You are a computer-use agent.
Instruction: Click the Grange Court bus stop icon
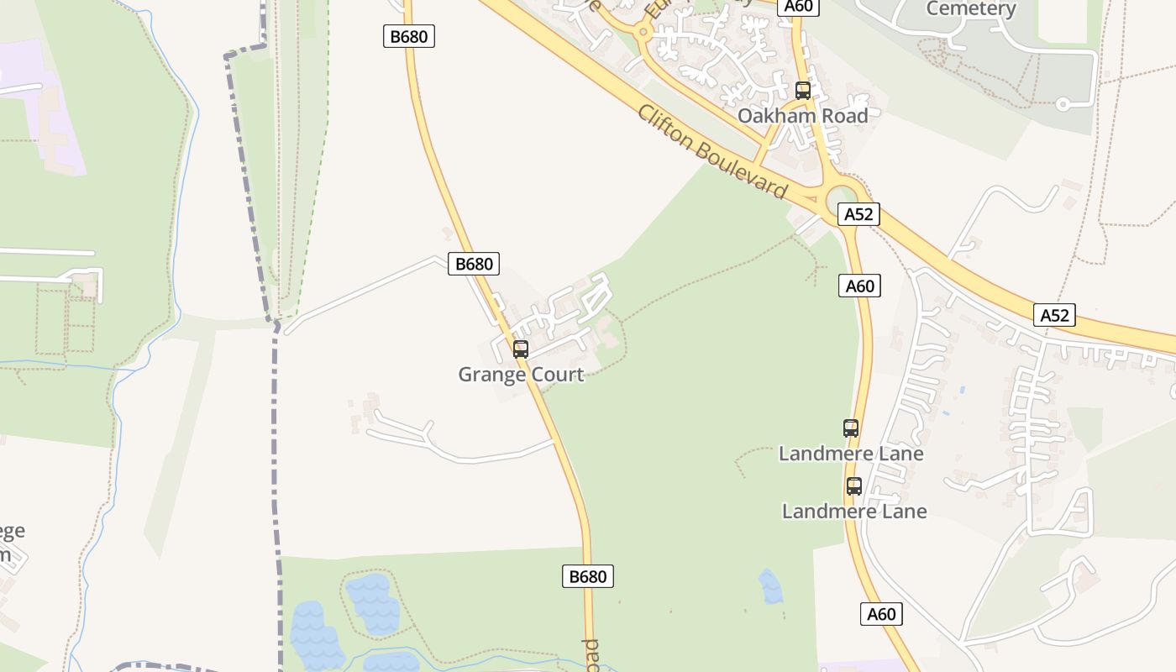(x=521, y=349)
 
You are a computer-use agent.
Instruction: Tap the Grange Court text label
(x=521, y=375)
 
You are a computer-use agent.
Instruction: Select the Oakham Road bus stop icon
(x=803, y=91)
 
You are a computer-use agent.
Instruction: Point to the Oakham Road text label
(x=802, y=116)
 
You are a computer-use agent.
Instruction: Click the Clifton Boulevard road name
(x=712, y=152)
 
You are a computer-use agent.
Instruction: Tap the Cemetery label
(x=971, y=9)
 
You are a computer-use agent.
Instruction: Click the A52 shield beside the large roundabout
(x=858, y=214)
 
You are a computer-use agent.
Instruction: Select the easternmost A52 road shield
(x=1054, y=315)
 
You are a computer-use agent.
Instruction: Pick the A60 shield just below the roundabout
(x=859, y=286)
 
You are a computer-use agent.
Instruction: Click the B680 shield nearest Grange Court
(x=474, y=264)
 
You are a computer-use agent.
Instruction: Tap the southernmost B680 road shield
(x=588, y=576)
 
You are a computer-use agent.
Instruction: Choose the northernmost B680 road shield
(x=409, y=36)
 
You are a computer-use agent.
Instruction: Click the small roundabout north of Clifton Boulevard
(x=643, y=32)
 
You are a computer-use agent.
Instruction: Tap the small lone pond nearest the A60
(x=770, y=586)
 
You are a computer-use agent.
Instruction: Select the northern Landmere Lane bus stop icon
(x=851, y=428)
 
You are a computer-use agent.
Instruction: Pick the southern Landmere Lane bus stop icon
(x=854, y=486)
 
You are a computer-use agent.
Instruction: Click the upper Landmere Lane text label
(x=851, y=454)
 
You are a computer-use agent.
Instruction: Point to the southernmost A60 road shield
(x=881, y=614)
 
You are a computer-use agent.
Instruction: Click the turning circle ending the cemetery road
(x=1063, y=105)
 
